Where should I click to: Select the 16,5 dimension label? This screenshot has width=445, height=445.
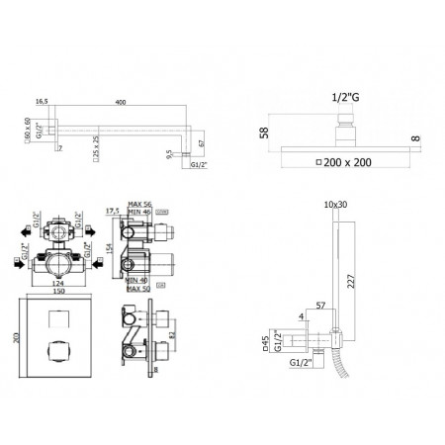tap(42, 100)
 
